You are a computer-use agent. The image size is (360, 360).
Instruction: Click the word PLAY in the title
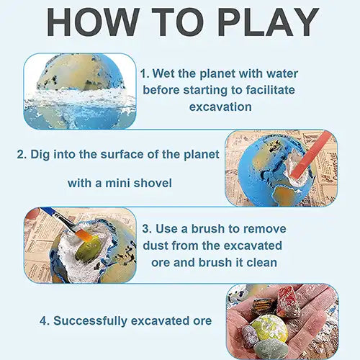click(x=269, y=22)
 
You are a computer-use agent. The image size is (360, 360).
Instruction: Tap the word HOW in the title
click(x=93, y=22)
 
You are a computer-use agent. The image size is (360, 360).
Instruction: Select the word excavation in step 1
click(x=220, y=107)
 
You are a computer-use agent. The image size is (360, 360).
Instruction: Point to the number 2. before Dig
click(x=22, y=154)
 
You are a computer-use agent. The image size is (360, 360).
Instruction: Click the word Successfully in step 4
click(x=90, y=321)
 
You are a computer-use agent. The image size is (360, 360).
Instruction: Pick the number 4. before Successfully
click(x=45, y=321)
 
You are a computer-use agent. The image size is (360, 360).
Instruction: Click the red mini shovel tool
click(x=312, y=156)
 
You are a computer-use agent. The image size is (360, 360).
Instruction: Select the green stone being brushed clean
click(x=87, y=249)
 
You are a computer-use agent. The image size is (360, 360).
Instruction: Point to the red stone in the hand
click(x=288, y=300)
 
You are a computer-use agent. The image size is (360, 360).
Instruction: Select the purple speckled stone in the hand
click(x=250, y=336)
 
